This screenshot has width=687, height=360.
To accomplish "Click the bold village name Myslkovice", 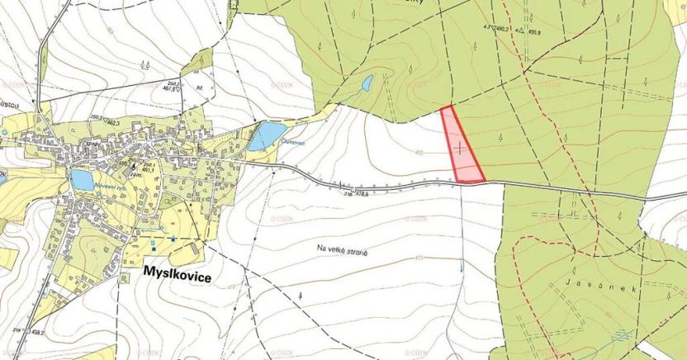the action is (x=177, y=279).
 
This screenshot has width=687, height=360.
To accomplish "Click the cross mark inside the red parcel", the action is (x=459, y=147).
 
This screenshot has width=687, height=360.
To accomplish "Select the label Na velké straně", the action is (x=341, y=246).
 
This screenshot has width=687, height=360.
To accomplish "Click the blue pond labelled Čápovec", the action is (x=267, y=134).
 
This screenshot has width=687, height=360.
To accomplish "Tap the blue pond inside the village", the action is (x=81, y=179).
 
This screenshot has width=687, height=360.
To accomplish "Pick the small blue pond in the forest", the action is (x=367, y=83).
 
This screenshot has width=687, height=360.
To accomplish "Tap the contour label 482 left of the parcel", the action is (x=419, y=153).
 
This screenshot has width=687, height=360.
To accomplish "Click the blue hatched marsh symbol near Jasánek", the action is (x=621, y=335).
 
